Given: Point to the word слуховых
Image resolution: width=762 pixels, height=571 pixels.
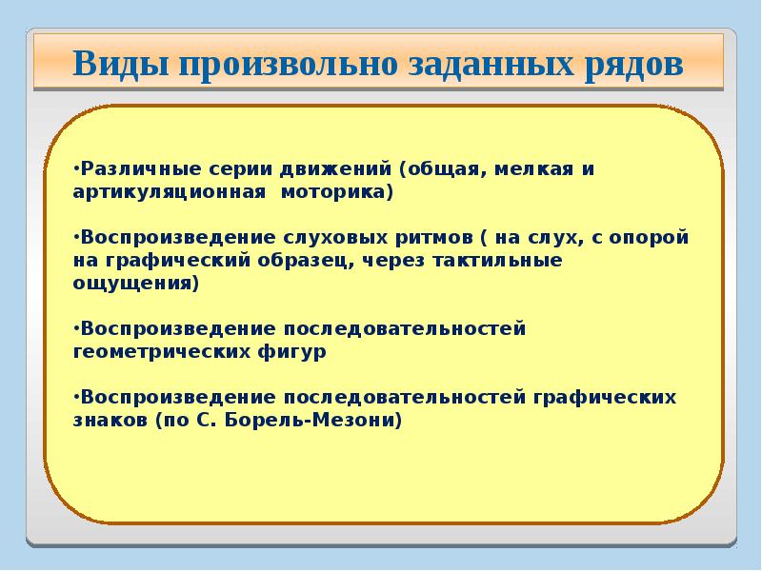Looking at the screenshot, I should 331,237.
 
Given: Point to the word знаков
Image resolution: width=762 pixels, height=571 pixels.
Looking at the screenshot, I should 108,419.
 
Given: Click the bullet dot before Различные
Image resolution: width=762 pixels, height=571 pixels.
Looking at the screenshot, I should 76,169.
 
